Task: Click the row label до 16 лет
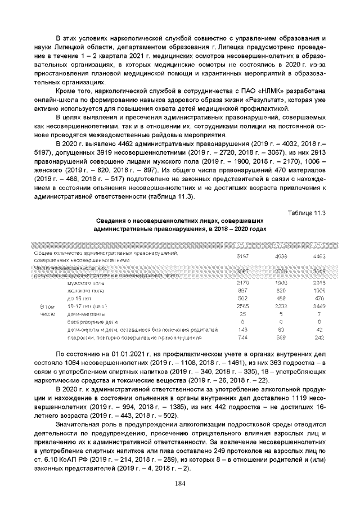(79, 299)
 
